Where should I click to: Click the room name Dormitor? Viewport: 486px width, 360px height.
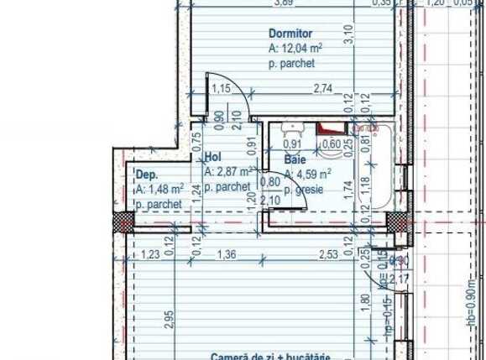click(286, 34)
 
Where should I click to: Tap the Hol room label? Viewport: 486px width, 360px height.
click(212, 156)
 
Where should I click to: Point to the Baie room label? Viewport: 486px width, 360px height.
click(294, 159)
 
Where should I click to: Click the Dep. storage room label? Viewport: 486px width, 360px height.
click(146, 175)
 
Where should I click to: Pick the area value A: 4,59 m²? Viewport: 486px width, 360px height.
click(307, 175)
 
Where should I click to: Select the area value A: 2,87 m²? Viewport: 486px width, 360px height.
click(229, 172)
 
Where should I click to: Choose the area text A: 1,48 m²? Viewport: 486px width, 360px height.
click(159, 190)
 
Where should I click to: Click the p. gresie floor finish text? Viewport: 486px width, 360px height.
click(305, 190)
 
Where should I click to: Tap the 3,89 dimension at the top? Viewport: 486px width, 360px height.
click(284, 3)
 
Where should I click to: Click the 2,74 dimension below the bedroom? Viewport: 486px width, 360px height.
click(324, 88)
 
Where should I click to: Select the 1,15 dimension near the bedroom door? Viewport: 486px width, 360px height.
click(221, 88)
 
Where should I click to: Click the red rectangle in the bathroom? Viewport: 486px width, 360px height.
click(333, 128)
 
